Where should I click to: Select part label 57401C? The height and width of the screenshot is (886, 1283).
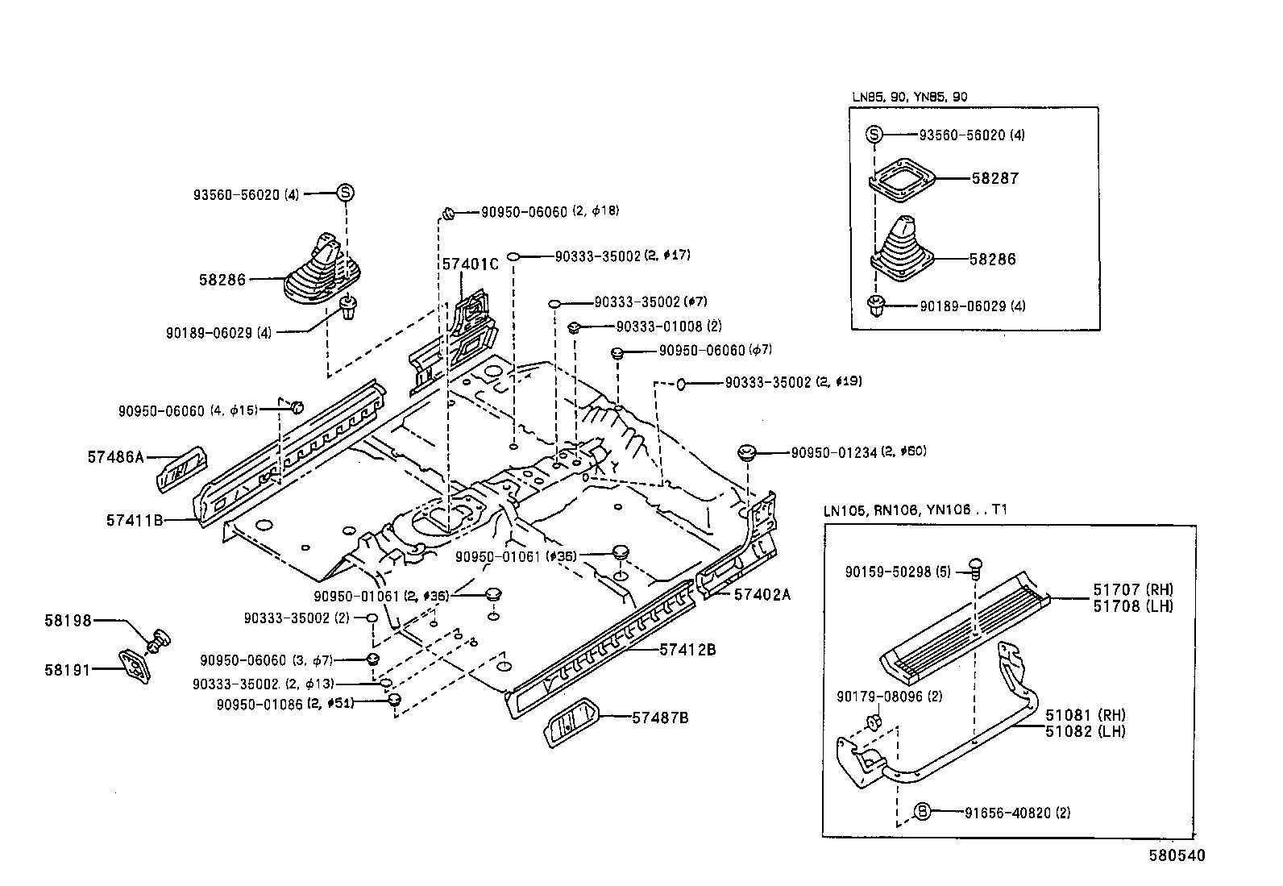[x=470, y=264]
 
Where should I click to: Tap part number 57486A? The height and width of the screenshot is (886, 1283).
[x=115, y=457]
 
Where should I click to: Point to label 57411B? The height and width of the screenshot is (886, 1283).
[x=135, y=521]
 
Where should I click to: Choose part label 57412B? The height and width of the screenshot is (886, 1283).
[x=687, y=649]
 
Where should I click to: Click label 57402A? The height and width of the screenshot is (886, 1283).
[x=762, y=595]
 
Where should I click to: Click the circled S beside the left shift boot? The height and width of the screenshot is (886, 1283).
[x=345, y=193]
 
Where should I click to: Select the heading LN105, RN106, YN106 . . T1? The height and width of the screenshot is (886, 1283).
[x=915, y=510]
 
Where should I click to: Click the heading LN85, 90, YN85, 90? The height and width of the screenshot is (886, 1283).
[x=910, y=97]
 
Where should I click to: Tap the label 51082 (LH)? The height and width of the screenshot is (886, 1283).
[x=1085, y=731]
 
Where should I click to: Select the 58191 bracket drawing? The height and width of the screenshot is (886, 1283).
[x=135, y=666]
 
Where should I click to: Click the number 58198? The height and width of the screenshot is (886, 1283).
[x=68, y=621]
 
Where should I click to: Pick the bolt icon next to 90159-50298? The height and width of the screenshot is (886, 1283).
[x=974, y=566]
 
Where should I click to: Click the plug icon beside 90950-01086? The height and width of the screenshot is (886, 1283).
[x=394, y=699]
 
